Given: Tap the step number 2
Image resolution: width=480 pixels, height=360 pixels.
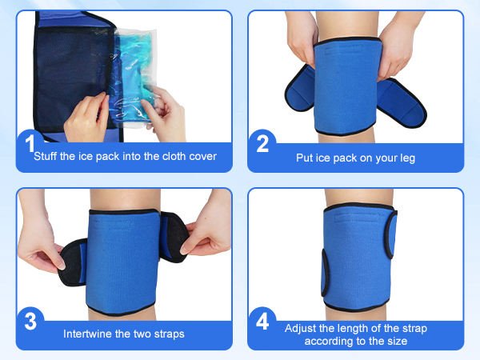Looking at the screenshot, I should (262, 145).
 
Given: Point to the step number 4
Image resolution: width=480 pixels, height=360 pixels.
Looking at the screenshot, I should (262, 322).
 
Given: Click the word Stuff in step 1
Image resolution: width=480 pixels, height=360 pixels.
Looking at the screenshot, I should (46, 157).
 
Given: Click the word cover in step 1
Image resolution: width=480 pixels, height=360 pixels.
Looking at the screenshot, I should (199, 157).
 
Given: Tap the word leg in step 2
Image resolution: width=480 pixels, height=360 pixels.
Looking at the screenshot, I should (406, 158).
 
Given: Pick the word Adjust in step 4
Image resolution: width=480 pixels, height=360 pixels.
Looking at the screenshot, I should (301, 328).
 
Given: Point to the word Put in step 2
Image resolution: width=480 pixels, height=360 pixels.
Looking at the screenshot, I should (306, 158).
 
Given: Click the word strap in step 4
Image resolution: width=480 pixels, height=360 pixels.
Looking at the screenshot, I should (406, 328).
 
